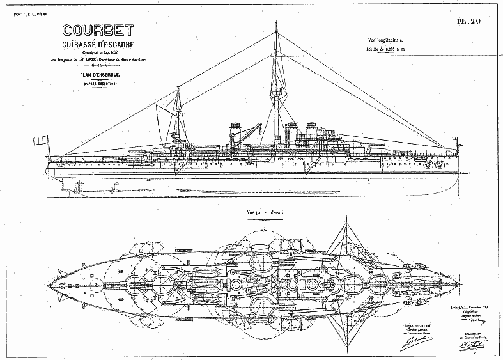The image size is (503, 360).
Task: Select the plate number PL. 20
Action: click(x=469, y=20)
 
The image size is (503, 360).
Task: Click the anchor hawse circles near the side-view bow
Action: click(x=439, y=164)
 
